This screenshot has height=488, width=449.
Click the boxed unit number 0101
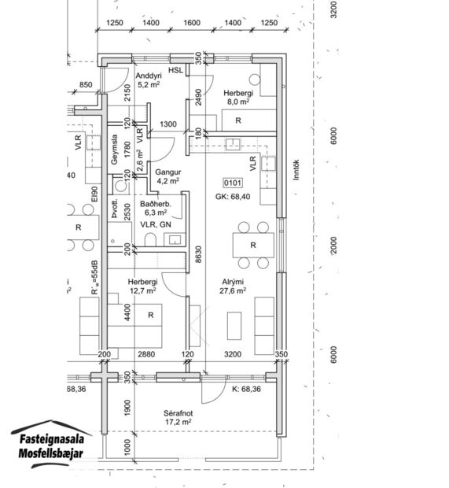click(x=234, y=182)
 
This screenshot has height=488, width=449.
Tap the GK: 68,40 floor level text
click(x=234, y=197)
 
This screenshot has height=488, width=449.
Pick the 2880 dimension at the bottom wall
click(x=147, y=355)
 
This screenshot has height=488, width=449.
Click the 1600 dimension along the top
click(x=192, y=24)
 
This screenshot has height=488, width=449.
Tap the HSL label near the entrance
click(x=175, y=69)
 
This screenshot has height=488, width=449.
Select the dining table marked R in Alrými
click(x=253, y=245)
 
